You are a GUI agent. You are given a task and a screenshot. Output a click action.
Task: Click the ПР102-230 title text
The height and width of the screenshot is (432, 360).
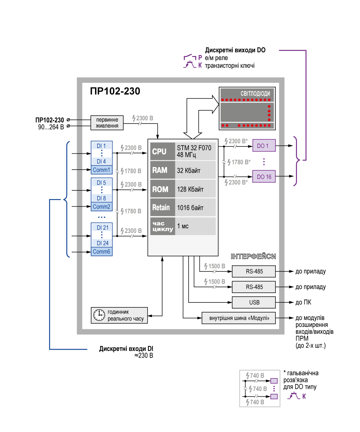tap(115, 91)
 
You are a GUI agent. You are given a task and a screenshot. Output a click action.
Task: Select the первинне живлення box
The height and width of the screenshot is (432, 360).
tap(107, 123)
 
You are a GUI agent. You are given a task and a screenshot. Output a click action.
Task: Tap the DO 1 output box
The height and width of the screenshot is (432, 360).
tap(264, 146)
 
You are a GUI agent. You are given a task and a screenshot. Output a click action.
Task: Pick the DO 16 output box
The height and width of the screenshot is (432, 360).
tap(264, 176)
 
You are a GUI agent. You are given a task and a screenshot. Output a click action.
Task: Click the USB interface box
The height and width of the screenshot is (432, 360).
tap(254, 302)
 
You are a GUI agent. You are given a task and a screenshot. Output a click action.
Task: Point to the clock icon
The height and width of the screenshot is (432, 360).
tap(99, 315)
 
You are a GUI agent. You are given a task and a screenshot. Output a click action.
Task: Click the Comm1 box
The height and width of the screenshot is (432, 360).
tap(102, 170)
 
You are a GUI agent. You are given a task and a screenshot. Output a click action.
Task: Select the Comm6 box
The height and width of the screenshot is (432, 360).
tap(102, 252)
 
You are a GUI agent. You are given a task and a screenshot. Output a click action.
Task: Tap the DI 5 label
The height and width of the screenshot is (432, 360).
tap(102, 183)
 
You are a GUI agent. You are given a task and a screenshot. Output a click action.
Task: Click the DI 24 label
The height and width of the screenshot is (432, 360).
tap(102, 243)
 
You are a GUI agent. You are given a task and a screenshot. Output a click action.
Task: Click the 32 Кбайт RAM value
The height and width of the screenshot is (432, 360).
tap(189, 170)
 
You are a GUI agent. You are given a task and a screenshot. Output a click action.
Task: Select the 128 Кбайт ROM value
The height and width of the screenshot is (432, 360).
tap(190, 189)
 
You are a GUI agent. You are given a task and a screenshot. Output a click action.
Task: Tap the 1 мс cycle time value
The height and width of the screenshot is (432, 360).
tap(183, 226)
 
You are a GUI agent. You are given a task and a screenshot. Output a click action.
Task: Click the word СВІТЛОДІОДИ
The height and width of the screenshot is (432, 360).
tap(255, 94)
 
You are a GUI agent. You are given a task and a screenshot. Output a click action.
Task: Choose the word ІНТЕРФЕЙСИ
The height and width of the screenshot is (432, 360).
tap(253, 257)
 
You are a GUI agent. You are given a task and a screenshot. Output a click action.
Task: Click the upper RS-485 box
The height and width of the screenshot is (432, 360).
tap(254, 271)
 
